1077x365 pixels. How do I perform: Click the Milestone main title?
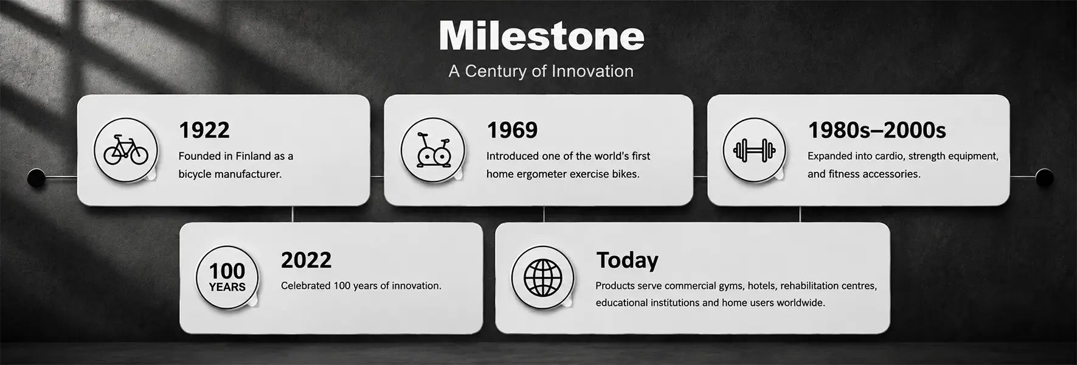541,36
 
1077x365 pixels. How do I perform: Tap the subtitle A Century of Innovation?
541,71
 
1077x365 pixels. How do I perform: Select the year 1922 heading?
204,130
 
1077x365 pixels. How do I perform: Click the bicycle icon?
126,150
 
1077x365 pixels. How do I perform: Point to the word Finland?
253,156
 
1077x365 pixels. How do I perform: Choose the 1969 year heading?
512,130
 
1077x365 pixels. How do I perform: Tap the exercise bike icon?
433,150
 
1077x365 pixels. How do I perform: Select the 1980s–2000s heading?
876,130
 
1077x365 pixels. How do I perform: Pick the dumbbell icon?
755,150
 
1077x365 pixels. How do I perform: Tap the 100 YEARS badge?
227,277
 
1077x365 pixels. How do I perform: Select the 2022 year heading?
306,260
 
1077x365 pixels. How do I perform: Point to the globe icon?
542,277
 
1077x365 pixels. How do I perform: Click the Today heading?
627,260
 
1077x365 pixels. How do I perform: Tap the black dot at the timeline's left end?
36,178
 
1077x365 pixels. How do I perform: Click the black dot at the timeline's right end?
1044,177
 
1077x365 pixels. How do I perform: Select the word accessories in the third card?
893,174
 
